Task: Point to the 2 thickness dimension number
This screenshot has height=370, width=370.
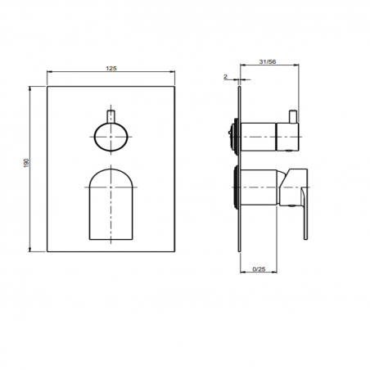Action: [224, 76]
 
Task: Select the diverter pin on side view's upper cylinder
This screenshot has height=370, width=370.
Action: [291, 115]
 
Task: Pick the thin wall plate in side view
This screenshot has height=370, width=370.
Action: [240, 164]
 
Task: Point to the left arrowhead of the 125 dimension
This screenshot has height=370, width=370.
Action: [50, 76]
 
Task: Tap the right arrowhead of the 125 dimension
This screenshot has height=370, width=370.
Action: [173, 76]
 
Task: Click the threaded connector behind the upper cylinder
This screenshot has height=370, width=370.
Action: [233, 134]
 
